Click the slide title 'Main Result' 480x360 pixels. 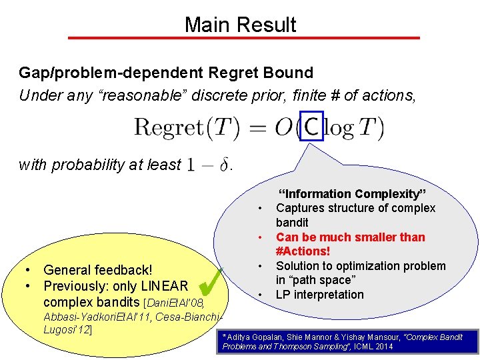click(240, 25)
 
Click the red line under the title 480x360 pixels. click(240, 38)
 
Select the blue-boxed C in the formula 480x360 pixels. click(311, 126)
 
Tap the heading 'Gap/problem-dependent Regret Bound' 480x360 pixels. click(166, 73)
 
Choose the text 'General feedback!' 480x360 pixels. click(97, 270)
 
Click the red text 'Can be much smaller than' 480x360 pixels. click(350, 237)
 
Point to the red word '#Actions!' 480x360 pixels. click(303, 251)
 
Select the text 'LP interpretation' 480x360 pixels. click(319, 295)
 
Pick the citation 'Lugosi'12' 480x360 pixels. click(67, 329)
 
